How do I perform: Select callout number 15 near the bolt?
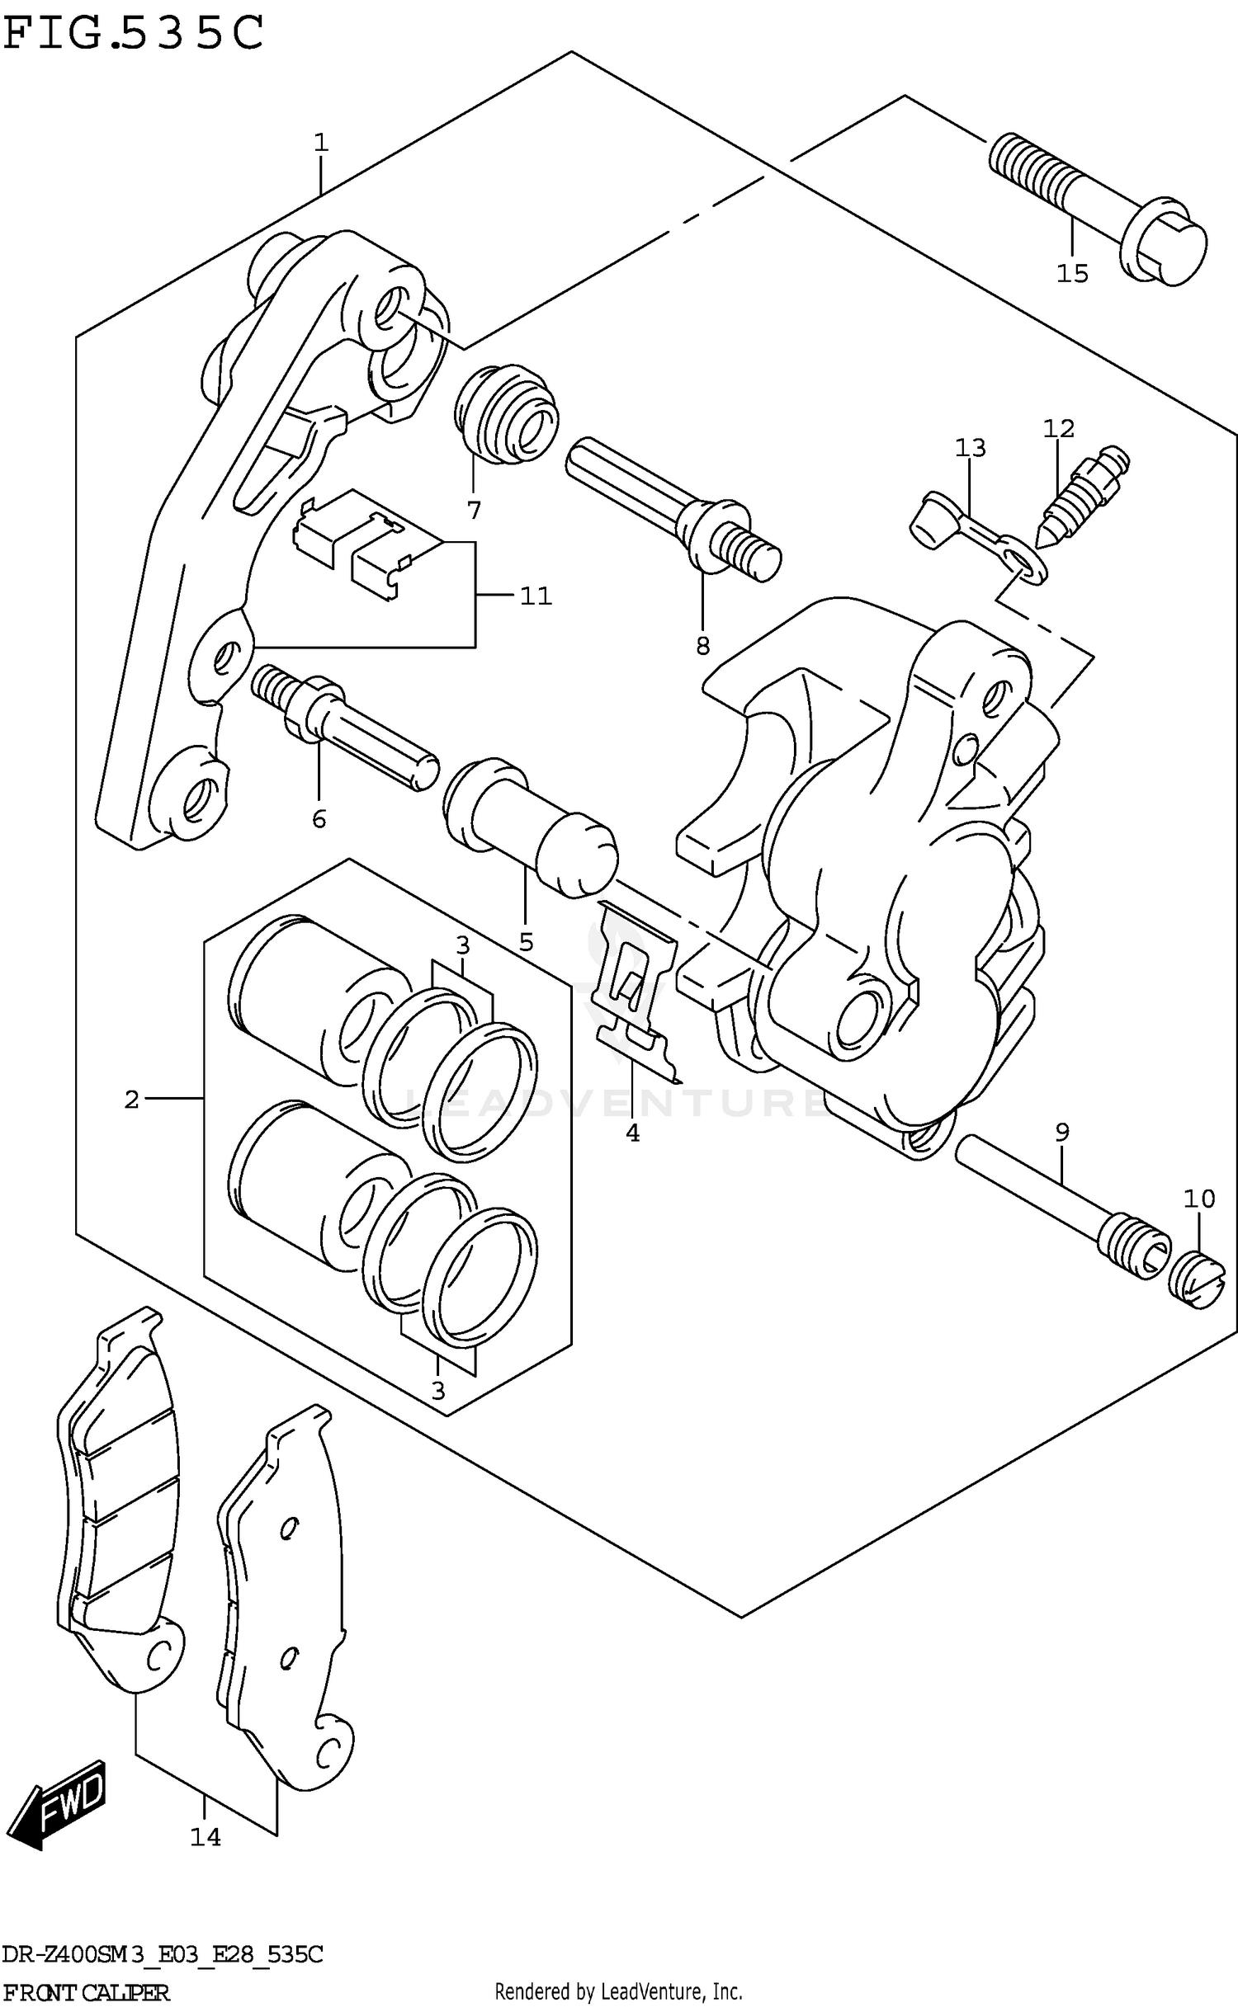tap(1072, 273)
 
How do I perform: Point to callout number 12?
tap(1059, 428)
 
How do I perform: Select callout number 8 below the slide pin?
tap(702, 646)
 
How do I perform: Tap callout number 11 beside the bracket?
tap(536, 596)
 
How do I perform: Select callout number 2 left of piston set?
tap(132, 1099)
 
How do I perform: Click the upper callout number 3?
tap(463, 945)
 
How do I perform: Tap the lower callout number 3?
tap(438, 1391)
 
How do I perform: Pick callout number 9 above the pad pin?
tap(1061, 1133)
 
